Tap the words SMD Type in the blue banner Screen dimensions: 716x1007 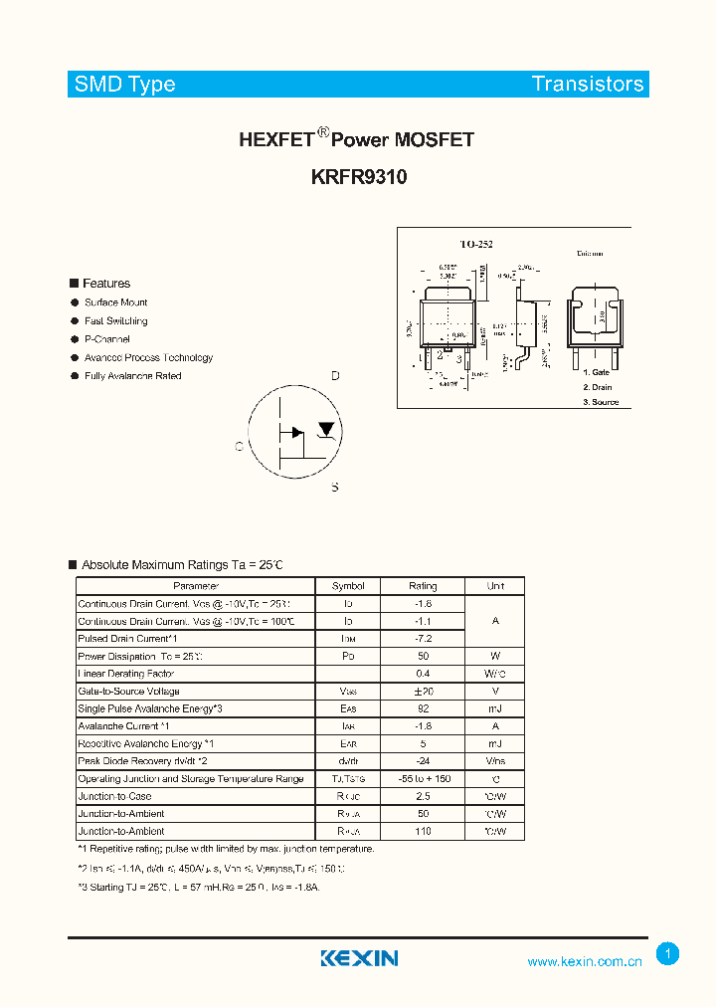coord(124,85)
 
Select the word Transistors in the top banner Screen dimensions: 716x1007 coord(588,85)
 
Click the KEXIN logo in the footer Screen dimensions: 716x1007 coord(359,958)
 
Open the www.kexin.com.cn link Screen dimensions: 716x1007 coord(585,961)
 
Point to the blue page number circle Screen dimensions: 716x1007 coord(668,954)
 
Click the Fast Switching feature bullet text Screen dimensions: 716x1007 coord(116,321)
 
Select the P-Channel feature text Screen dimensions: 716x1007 coord(107,339)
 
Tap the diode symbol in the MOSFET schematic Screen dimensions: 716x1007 coord(325,430)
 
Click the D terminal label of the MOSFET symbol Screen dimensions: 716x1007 coord(335,376)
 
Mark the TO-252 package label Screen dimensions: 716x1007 coord(476,244)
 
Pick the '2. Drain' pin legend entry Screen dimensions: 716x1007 coord(598,387)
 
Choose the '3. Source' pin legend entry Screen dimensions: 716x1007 coord(601,402)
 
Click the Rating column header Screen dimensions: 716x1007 coord(423,586)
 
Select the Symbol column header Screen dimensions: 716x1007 coord(348,586)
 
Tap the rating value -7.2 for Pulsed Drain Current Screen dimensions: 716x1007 coord(423,639)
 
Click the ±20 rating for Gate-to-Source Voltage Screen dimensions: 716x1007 coord(423,692)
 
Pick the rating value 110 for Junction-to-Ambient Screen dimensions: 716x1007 coord(423,831)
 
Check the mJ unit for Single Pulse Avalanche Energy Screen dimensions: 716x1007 coord(495,708)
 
